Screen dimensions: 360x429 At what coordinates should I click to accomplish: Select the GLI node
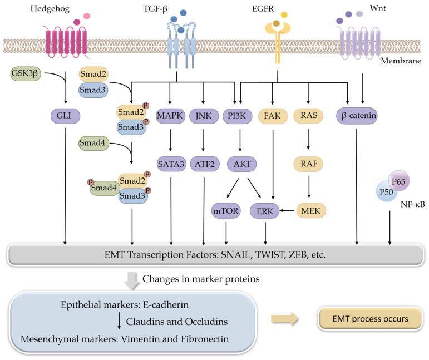point(66,116)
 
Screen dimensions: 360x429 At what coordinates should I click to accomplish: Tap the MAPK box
point(170,116)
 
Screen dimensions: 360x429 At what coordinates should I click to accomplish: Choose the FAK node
point(273,116)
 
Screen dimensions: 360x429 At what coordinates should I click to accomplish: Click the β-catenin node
point(357,116)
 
